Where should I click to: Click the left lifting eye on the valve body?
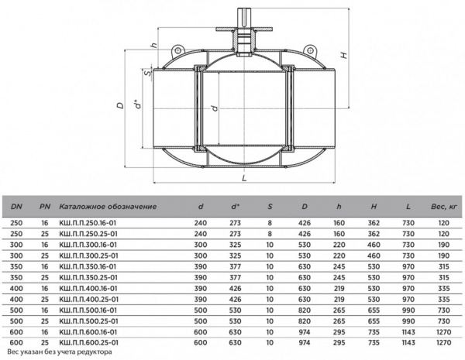tap(178, 50)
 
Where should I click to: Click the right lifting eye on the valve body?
tap(310, 50)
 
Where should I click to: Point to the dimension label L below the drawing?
tap(244, 178)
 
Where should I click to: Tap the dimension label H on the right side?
tap(343, 55)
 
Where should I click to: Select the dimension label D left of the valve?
tap(120, 105)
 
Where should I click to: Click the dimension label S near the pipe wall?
tap(147, 73)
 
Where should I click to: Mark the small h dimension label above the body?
tap(153, 46)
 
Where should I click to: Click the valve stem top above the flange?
tap(244, 17)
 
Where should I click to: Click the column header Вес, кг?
tap(443, 207)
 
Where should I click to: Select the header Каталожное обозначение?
tap(108, 207)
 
